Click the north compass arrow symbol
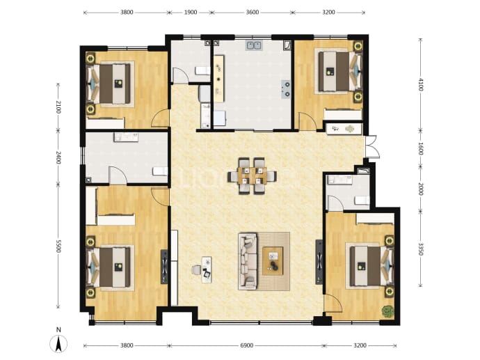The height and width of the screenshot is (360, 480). [x=58, y=343]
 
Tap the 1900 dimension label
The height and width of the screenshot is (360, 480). [x=191, y=13]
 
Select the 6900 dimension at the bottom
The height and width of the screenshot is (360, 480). [x=247, y=345]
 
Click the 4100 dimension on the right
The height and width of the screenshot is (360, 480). [x=421, y=84]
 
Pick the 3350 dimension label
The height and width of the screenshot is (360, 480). [x=421, y=249]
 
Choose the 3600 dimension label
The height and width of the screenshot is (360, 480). [x=253, y=13]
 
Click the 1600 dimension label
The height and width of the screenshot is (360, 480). [x=421, y=148]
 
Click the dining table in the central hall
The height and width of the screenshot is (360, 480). [x=252, y=176]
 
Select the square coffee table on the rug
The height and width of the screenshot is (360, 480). [x=273, y=261]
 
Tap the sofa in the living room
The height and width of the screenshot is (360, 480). [x=248, y=261]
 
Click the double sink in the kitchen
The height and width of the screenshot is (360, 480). [x=254, y=45]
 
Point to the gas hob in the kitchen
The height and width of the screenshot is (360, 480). [x=286, y=89]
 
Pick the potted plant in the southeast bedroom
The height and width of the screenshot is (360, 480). [x=387, y=311]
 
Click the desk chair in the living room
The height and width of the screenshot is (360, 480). [x=196, y=270]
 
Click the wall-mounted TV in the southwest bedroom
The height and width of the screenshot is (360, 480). [x=164, y=267]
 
